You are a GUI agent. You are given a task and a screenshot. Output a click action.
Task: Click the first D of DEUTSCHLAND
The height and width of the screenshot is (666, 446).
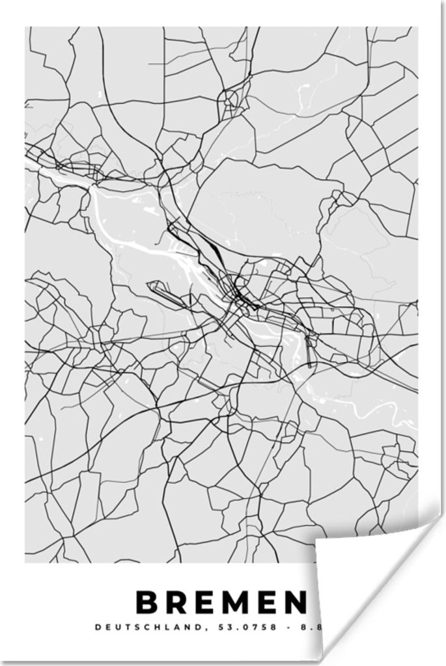click(x=98, y=628)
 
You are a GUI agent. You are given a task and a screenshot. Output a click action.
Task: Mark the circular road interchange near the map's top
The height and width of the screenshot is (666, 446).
click(x=229, y=101)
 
